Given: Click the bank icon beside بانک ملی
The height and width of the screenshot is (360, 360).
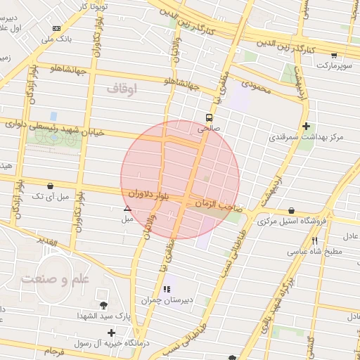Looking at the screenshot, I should (56, 28).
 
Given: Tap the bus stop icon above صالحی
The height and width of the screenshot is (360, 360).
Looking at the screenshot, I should (209, 117).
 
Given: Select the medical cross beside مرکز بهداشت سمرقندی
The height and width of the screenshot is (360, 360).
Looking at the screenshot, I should (306, 127).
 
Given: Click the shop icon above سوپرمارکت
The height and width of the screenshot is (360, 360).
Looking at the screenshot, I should (333, 55).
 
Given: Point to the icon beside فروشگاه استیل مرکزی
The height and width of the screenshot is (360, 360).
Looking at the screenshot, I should (291, 210).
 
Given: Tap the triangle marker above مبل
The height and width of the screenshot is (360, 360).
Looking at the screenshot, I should (127, 208).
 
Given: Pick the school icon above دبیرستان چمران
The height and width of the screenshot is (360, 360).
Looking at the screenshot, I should (167, 289).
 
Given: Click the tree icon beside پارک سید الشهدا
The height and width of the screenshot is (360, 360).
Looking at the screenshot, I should (104, 305).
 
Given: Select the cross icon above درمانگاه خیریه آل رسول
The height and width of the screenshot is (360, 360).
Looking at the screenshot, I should (111, 332).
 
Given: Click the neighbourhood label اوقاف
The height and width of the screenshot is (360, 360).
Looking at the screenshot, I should (122, 89).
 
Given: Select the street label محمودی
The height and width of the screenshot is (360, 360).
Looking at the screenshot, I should (257, 83).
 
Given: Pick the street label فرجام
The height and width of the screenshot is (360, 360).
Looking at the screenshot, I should (53, 349).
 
